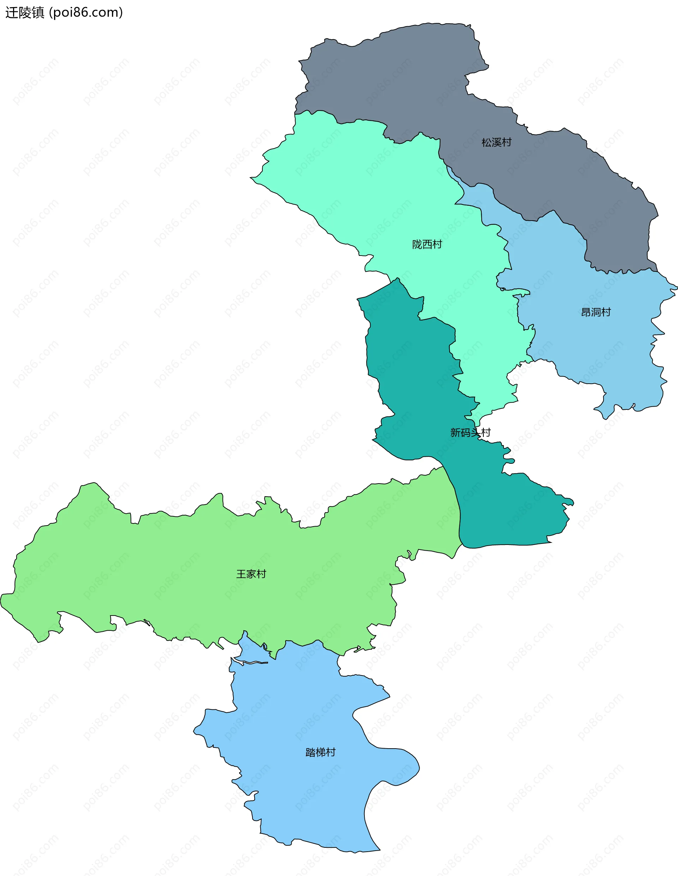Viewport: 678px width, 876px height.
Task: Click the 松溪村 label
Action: coord(496,142)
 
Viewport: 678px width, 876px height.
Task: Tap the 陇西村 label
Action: coord(427,244)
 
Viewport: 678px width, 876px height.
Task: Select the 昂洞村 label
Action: coord(596,312)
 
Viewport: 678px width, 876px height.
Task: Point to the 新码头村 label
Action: coord(470,432)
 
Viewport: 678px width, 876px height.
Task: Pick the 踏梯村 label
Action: coord(320,752)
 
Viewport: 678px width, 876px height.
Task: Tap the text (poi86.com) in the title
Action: coord(86,12)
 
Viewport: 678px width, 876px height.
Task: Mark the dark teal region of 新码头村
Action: coord(414,381)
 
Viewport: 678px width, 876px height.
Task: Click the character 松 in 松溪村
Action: coord(487,142)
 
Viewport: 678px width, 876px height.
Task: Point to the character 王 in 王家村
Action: coord(241,574)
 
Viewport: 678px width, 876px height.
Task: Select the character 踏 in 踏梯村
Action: coord(310,752)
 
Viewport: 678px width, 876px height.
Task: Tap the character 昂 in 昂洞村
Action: coord(586,312)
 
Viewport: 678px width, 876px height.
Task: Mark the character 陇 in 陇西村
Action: coord(417,244)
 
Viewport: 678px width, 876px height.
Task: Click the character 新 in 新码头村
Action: coord(456,432)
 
